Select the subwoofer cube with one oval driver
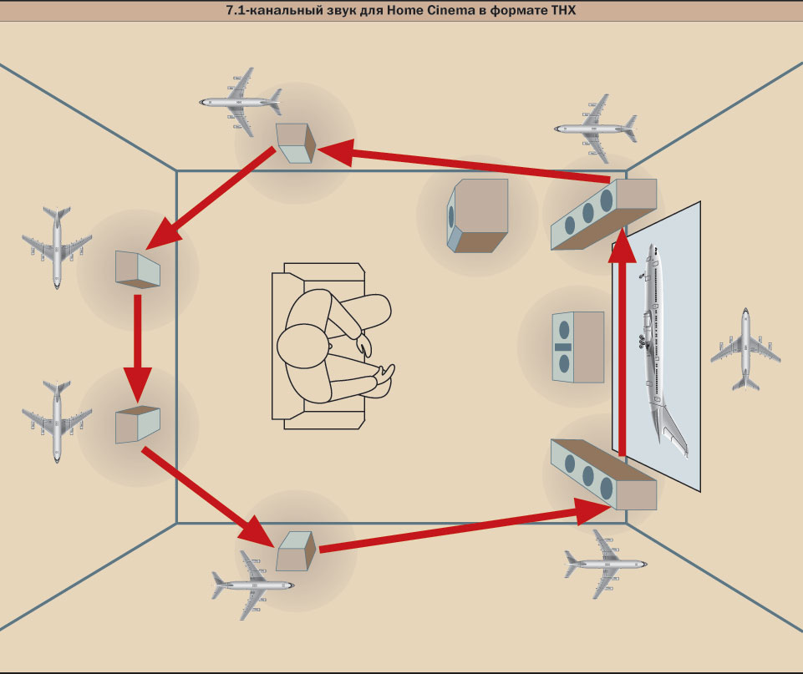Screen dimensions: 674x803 pos(477,215)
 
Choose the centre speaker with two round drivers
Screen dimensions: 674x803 pos(577,347)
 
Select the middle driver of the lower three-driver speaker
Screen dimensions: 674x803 pos(587,479)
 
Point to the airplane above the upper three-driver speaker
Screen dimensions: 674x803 pos(594,127)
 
